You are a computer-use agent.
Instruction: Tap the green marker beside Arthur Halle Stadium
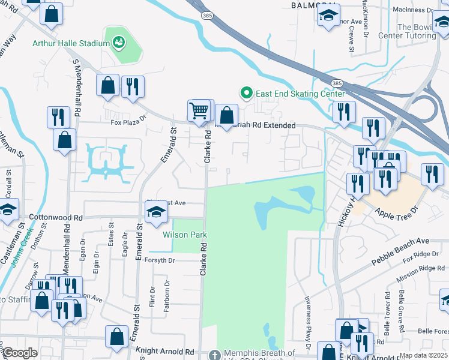click(x=118, y=43)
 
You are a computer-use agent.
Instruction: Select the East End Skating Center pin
click(x=246, y=93)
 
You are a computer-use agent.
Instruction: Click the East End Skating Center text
click(x=301, y=94)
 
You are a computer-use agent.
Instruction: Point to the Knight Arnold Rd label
click(x=166, y=352)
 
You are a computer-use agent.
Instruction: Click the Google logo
click(x=20, y=353)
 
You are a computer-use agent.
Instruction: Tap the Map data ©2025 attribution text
click(x=423, y=355)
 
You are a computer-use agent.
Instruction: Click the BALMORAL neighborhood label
click(x=312, y=5)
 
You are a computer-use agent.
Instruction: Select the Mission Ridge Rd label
click(x=424, y=268)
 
